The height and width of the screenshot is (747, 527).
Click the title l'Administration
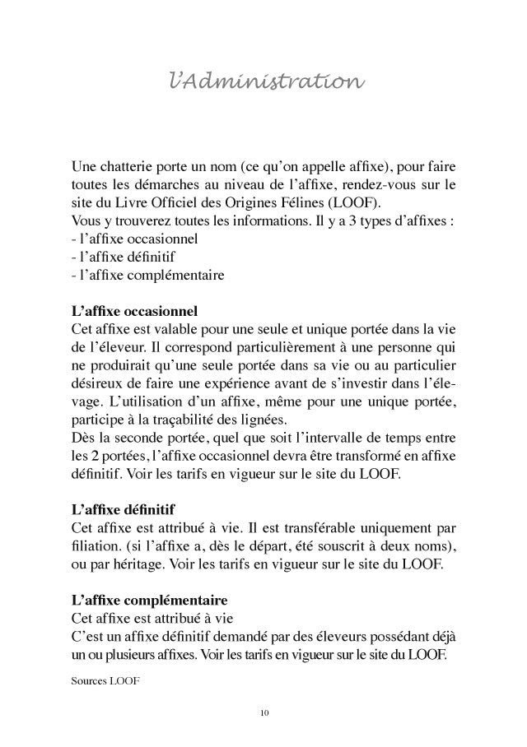(x=263, y=83)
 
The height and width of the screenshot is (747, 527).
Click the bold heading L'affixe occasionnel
(x=134, y=311)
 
